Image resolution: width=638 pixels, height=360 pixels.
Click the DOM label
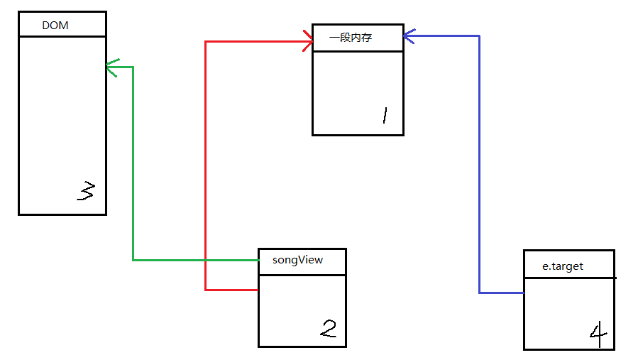(x=55, y=26)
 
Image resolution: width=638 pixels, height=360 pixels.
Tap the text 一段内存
(x=351, y=38)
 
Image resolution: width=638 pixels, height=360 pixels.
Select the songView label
(x=297, y=260)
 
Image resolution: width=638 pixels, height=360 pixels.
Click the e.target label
(x=563, y=266)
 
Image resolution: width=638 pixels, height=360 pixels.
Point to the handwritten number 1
(x=384, y=115)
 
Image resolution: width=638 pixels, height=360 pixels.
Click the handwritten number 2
(x=328, y=328)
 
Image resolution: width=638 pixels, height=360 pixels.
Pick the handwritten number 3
(x=85, y=191)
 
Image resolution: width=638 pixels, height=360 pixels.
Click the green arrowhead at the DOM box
(x=109, y=67)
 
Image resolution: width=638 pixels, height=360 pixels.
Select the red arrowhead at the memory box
(x=309, y=41)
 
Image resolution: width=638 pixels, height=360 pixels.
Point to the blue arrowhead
(x=407, y=35)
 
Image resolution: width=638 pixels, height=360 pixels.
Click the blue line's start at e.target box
(x=523, y=293)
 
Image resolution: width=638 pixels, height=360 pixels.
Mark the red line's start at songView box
(x=258, y=290)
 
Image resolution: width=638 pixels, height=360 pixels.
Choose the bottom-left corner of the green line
(x=133, y=260)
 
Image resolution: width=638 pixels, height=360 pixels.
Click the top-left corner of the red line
(x=205, y=41)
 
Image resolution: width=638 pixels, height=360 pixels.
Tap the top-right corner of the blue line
(x=479, y=35)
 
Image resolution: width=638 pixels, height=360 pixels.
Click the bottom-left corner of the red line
(x=205, y=290)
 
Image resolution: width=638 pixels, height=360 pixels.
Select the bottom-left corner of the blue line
(x=479, y=293)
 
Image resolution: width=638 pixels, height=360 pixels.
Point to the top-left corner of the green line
(x=133, y=67)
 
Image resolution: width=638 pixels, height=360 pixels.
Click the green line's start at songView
(x=258, y=260)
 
